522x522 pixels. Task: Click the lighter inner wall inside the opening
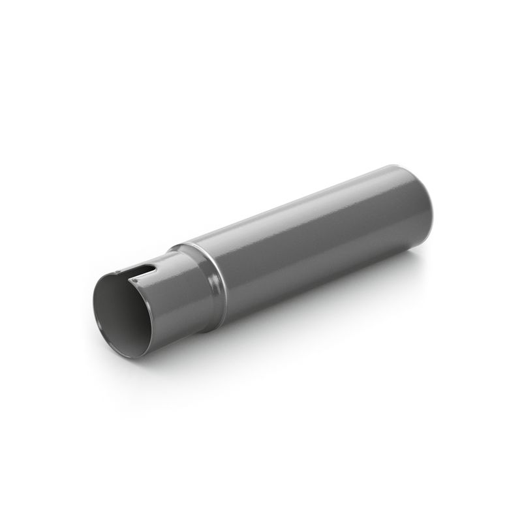click(108, 307)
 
